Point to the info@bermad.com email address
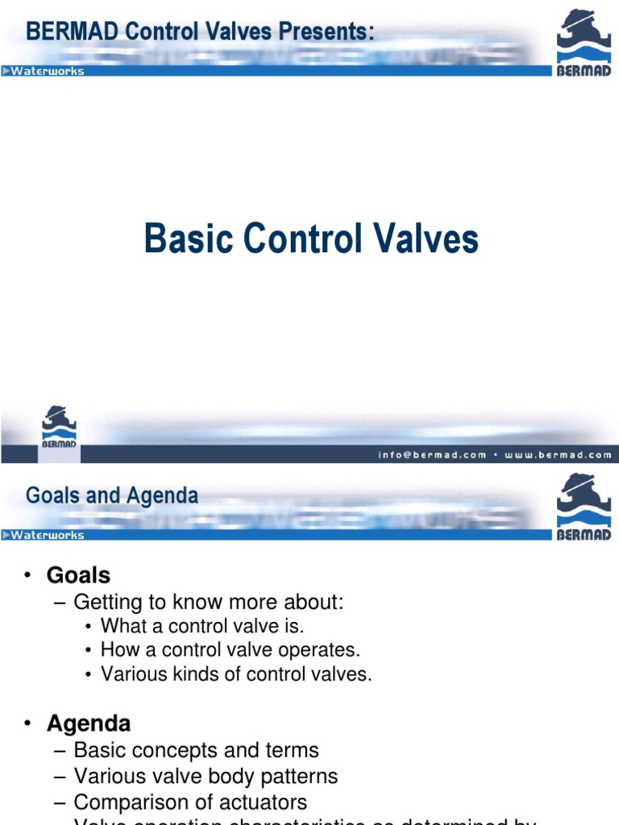[433, 454]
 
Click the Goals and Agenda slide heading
[112, 495]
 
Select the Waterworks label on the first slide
[48, 71]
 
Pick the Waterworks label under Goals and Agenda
[48, 535]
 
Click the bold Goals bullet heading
[78, 575]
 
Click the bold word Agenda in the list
[89, 723]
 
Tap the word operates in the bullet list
[322, 650]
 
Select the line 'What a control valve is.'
[202, 626]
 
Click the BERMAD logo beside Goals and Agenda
[584, 506]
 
